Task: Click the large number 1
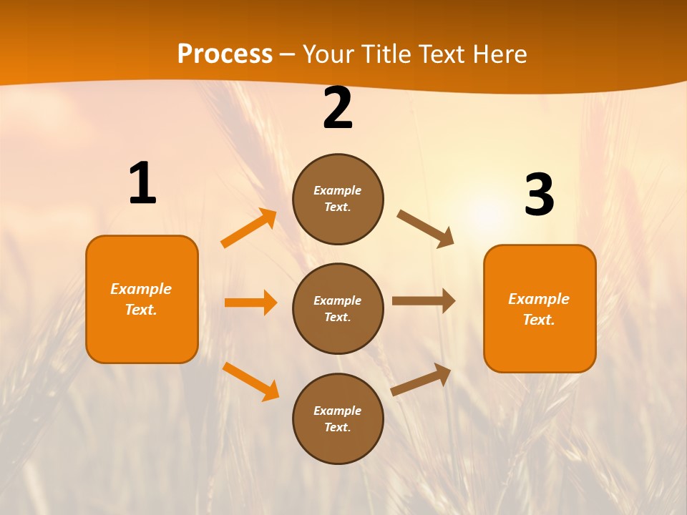click(142, 183)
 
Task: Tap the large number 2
click(337, 109)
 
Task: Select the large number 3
click(539, 195)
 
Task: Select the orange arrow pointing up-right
click(249, 228)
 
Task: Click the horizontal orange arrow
click(250, 303)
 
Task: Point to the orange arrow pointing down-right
click(251, 381)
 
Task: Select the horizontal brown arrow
click(424, 301)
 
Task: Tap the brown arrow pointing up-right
click(422, 379)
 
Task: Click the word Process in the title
click(225, 54)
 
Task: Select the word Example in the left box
click(141, 289)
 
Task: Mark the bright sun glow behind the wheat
click(487, 211)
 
